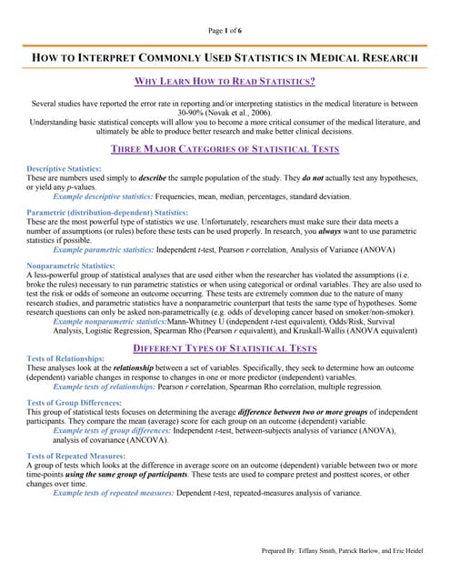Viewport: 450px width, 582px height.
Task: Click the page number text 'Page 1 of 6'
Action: pos(225,32)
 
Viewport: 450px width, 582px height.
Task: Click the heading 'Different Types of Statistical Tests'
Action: pos(225,347)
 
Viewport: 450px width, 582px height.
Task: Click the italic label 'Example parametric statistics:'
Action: pos(106,249)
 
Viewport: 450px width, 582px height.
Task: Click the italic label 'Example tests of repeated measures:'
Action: pos(117,492)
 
